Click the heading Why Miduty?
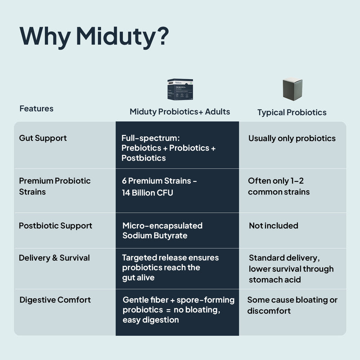94,36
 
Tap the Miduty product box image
180,89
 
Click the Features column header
36,108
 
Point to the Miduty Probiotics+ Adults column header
180,112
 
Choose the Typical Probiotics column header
292,112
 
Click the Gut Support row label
43,138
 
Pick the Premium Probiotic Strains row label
54,186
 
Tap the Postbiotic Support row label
55,225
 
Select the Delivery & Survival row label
54,258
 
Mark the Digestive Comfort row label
55,300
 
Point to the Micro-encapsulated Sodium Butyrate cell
162,230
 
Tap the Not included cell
274,225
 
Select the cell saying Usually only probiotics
292,138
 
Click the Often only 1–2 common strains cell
279,186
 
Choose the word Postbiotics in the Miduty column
144,158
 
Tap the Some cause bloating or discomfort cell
292,305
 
